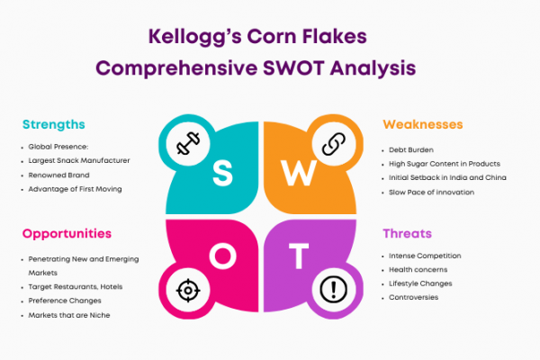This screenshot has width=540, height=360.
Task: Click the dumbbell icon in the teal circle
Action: pos(188,143)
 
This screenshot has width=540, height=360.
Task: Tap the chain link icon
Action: pos(334,144)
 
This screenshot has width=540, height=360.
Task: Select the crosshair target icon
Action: pos(188,290)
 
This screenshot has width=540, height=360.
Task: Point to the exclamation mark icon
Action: pos(333,290)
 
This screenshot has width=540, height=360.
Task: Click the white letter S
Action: pos(222,174)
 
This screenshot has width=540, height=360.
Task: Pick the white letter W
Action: pos(299,173)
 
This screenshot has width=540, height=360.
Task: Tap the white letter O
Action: pos(223,256)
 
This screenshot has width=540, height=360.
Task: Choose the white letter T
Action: pos(299,256)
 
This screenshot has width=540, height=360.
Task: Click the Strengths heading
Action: pos(54,124)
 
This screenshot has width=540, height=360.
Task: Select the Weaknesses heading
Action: pos(423,124)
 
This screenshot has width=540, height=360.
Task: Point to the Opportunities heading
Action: pos(67,234)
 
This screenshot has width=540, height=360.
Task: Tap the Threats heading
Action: pos(407,234)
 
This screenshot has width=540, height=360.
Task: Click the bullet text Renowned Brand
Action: pos(58,175)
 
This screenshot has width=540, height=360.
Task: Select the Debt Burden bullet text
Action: pos(411,150)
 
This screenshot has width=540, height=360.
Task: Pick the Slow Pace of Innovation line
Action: pos(431,193)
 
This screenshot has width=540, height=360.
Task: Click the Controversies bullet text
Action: pos(414,297)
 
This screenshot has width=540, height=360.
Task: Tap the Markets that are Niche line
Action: pos(69,315)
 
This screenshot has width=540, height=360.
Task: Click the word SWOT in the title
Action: pos(293,67)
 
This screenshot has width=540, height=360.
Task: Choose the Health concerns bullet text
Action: pos(418,270)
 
